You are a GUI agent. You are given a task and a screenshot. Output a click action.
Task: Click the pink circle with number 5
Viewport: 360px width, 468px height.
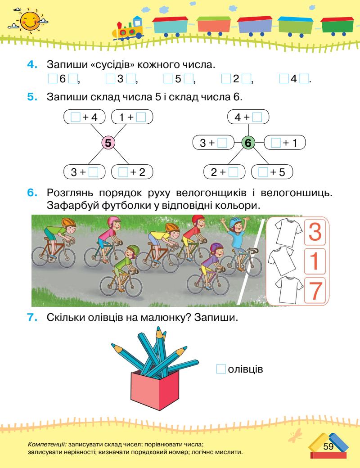pos(108,144)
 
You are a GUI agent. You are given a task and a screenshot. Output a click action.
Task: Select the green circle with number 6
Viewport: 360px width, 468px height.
pos(248,144)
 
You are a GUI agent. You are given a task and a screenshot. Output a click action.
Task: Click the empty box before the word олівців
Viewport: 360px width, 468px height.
pos(220,369)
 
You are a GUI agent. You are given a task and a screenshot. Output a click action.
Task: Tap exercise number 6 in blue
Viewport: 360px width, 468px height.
pos(33,193)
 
